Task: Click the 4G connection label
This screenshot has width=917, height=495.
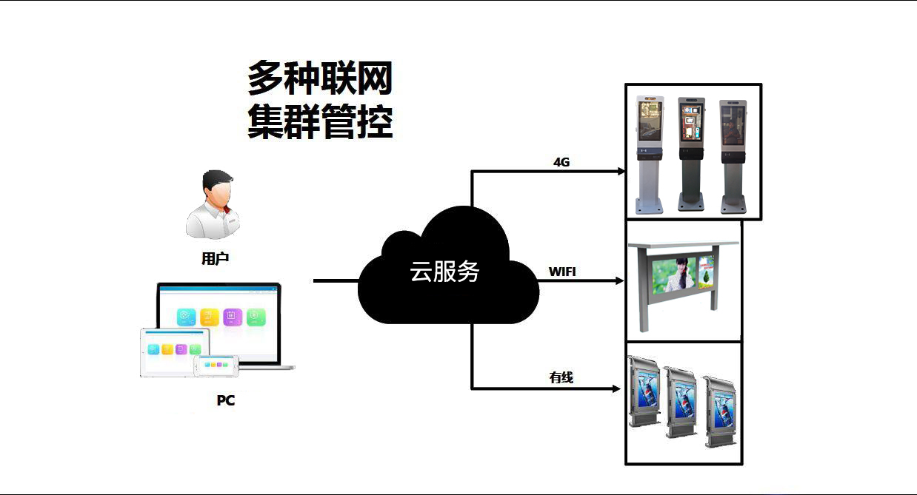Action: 561,162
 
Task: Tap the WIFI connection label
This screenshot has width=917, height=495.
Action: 562,272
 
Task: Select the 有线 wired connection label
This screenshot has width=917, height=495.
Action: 561,377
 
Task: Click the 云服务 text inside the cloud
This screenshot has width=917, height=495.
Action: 444,272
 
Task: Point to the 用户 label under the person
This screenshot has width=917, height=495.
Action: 215,259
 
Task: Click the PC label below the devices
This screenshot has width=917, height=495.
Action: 225,400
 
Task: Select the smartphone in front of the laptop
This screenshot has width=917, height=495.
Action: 216,365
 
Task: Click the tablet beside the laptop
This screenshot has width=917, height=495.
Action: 175,351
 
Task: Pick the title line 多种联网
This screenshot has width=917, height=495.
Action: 319,78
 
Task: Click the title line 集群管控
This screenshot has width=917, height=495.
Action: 319,121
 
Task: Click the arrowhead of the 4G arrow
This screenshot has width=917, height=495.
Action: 622,171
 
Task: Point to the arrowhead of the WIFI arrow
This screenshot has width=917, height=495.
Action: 621,281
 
